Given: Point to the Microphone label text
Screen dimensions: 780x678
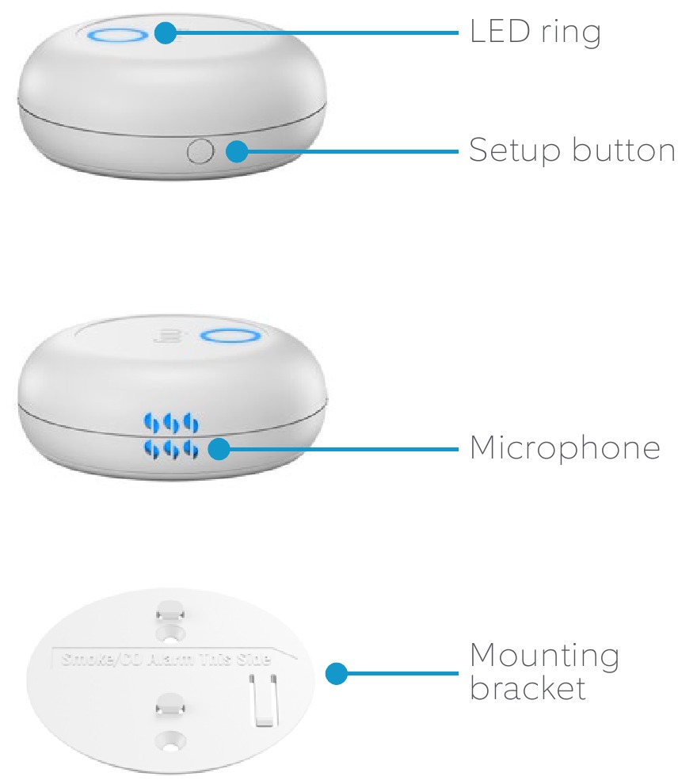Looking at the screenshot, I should point(564,449).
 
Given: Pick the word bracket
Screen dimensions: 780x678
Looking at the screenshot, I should point(528,688).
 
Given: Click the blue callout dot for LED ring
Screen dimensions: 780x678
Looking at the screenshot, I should point(165,33).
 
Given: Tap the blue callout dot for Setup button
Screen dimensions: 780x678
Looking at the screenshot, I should point(236,150).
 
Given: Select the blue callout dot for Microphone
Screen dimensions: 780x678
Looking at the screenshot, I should point(219,450).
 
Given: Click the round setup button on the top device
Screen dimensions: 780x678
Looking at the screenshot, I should point(199,150).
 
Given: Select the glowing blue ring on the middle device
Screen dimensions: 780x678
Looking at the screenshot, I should point(230,336).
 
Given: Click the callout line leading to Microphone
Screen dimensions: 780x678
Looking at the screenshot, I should point(341,450).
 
